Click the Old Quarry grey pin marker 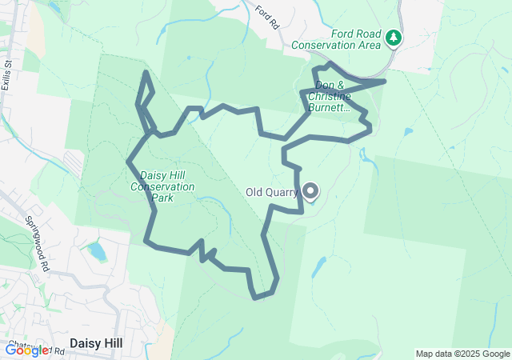pyautogui.click(x=310, y=190)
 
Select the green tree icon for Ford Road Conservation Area pyautogui.click(x=393, y=37)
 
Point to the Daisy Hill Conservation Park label pyautogui.click(x=167, y=186)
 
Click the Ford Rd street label pyautogui.click(x=267, y=18)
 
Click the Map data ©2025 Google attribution pyautogui.click(x=462, y=354)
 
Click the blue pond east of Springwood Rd pyautogui.click(x=96, y=252)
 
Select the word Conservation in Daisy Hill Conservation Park pyautogui.click(x=167, y=186)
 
